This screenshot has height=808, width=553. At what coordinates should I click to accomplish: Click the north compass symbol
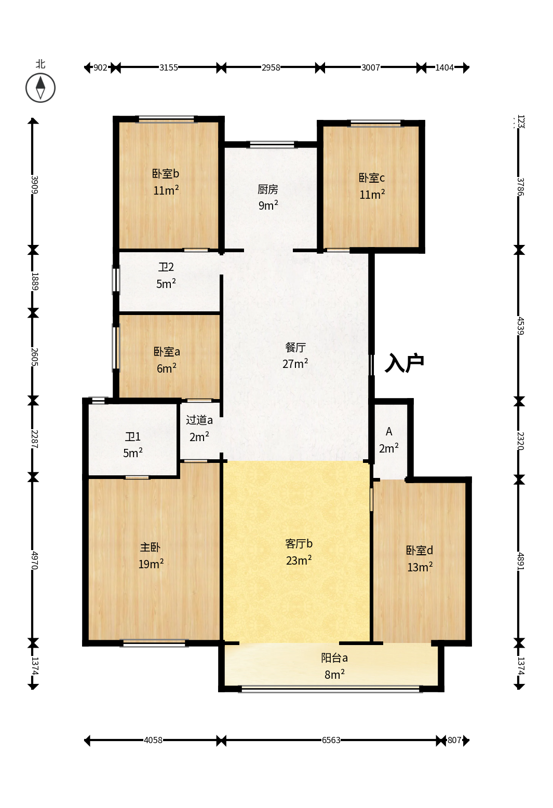click(41, 88)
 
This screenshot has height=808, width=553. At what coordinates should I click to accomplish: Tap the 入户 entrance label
click(404, 363)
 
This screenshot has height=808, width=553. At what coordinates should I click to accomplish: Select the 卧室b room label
click(166, 173)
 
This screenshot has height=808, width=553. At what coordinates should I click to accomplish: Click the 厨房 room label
click(268, 189)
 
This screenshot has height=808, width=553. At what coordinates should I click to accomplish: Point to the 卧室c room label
click(372, 178)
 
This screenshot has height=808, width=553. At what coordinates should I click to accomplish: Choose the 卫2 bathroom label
click(166, 267)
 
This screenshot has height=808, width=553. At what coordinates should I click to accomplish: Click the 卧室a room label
click(166, 351)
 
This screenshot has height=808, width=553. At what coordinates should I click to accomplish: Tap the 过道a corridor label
click(199, 420)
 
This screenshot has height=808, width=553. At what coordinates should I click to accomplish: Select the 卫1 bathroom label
click(132, 437)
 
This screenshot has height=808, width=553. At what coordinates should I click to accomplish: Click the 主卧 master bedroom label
click(150, 547)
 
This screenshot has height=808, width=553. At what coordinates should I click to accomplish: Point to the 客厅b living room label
click(299, 543)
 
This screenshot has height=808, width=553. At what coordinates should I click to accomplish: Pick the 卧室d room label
click(420, 551)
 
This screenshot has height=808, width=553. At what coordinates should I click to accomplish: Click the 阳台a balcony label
click(334, 658)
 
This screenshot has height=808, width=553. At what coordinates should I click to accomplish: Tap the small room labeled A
click(389, 431)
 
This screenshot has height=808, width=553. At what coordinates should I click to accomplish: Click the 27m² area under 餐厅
click(295, 364)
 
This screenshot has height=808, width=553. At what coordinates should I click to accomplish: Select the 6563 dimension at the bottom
click(331, 740)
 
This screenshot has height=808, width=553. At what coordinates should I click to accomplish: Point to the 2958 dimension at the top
click(271, 67)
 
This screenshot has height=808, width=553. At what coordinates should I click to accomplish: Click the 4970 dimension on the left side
click(34, 560)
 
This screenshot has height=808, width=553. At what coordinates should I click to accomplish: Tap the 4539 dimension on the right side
click(520, 325)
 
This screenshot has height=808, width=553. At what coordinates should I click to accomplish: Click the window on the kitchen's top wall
click(272, 145)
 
